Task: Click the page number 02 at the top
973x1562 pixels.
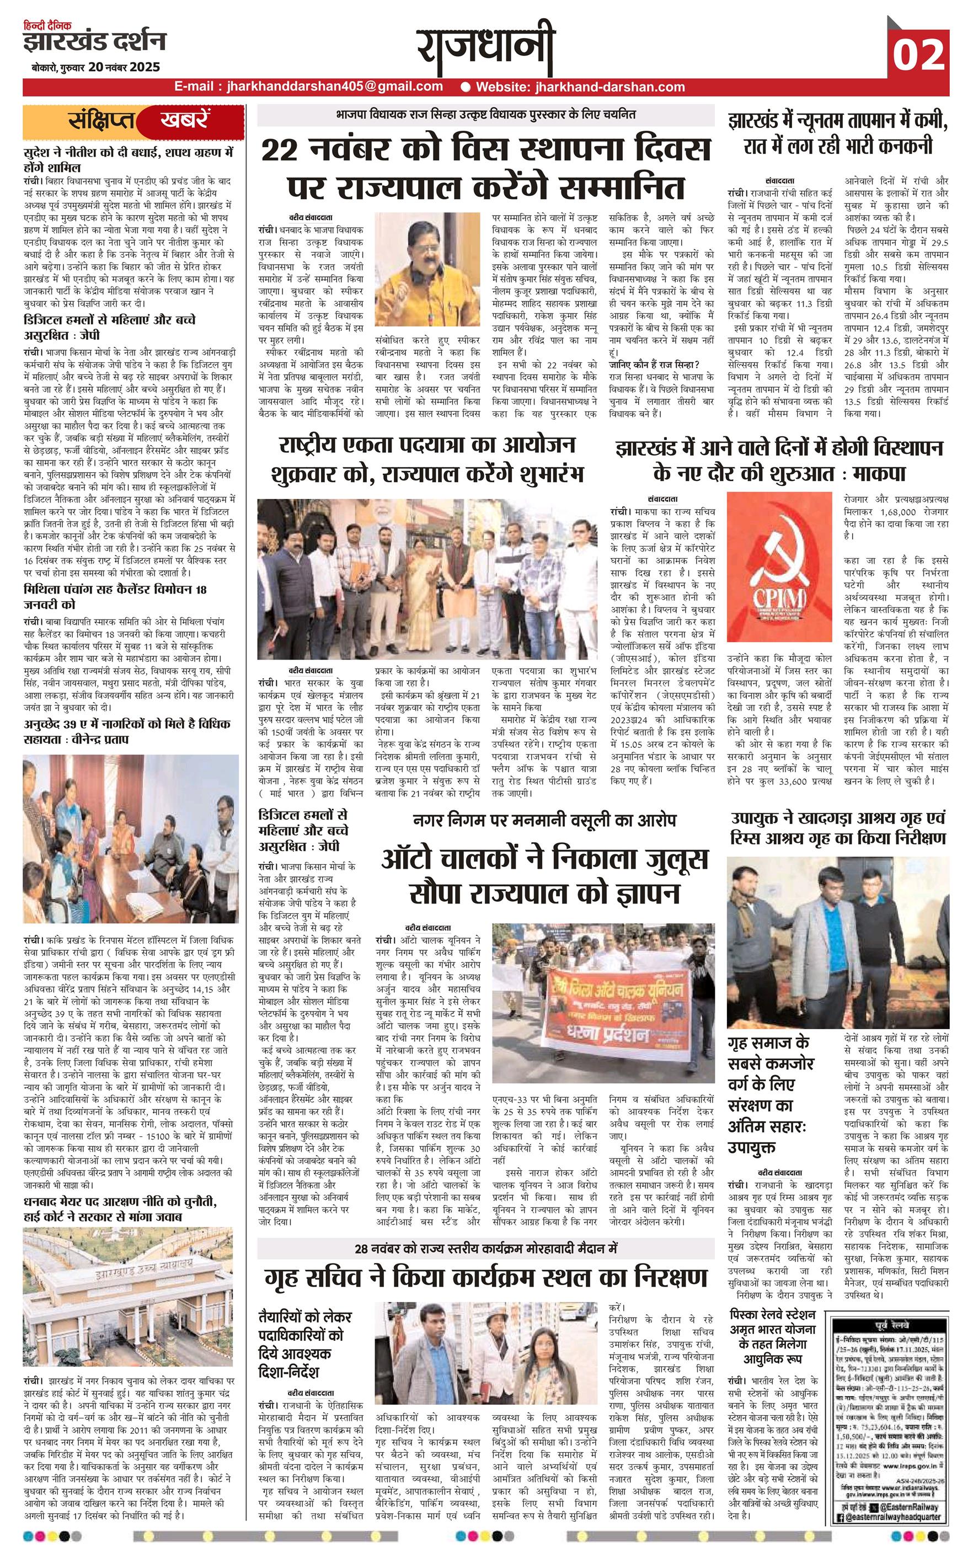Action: tap(918, 54)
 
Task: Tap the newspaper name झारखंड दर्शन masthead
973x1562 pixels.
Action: tap(95, 42)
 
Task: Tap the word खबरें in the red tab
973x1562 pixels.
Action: tap(183, 121)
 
